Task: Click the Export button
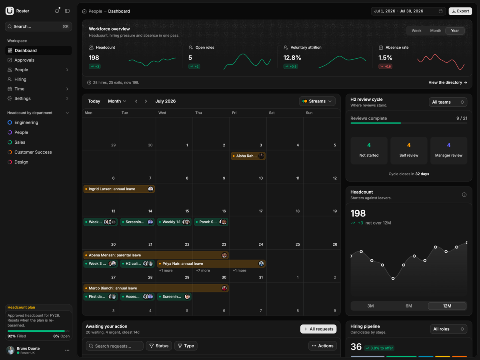[460, 11]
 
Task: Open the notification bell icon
[57, 11]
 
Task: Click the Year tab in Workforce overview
[455, 31]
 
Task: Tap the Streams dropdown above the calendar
[317, 101]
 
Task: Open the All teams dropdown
[448, 102]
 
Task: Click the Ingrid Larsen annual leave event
[119, 189]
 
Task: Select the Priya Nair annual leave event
[211, 264]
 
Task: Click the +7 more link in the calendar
[203, 271]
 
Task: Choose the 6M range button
[409, 306]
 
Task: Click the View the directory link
[448, 82]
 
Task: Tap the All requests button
[318, 329]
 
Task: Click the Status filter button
[159, 346]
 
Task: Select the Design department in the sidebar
[21, 162]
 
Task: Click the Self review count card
[409, 150]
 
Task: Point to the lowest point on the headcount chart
[393, 278]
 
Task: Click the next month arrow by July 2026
[146, 101]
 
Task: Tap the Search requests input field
[114, 346]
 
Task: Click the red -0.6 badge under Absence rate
[385, 66]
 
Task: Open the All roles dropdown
[448, 329]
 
